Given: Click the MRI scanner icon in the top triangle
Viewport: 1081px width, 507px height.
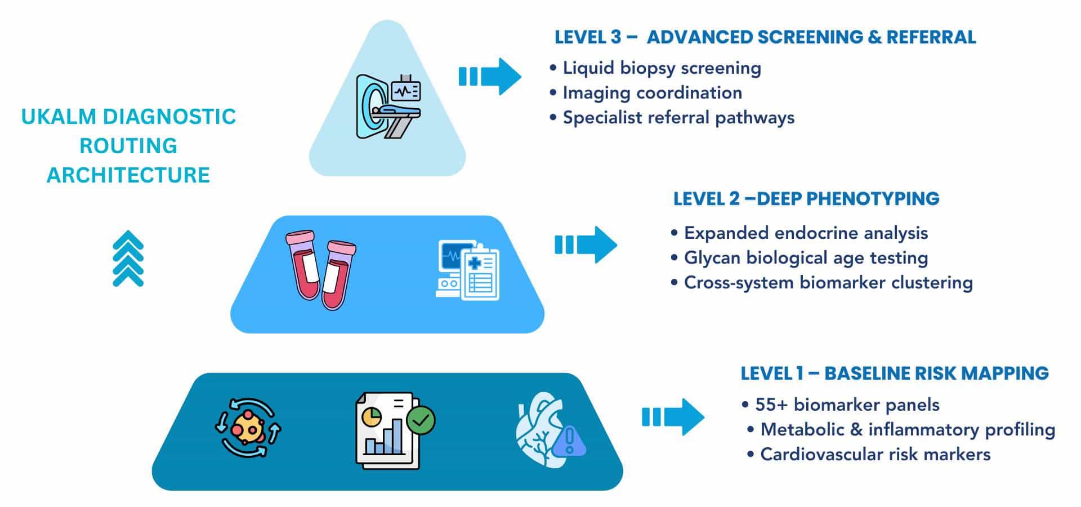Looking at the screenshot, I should coord(388,106).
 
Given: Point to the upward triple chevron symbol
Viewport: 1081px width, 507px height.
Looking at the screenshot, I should coord(128,259).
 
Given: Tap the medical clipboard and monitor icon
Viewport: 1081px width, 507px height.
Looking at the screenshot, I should coord(467,270).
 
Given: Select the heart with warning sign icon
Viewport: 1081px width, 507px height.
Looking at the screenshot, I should coord(549,430).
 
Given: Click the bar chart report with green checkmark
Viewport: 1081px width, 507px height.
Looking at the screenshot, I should coord(394,430).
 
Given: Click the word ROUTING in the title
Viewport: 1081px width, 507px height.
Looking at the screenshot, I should coord(128,146).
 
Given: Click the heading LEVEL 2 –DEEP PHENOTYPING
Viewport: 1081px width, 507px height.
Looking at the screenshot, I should coord(806,199).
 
